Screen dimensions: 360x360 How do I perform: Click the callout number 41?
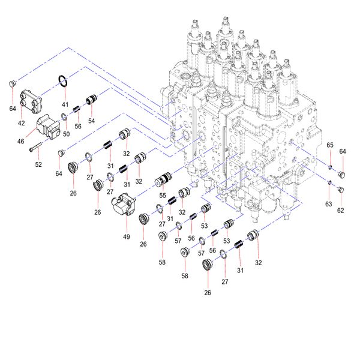[x=65, y=104]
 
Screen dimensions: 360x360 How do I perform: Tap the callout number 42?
[x=21, y=123]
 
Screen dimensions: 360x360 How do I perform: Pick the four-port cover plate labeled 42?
[x=31, y=101]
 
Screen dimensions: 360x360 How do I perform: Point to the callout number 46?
[x=20, y=141]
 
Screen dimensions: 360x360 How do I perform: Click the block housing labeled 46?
[x=49, y=127]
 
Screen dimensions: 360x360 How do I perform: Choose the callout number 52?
[x=38, y=164]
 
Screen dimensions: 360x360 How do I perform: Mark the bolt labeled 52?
[x=35, y=147]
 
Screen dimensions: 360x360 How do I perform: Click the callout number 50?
[x=66, y=134]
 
